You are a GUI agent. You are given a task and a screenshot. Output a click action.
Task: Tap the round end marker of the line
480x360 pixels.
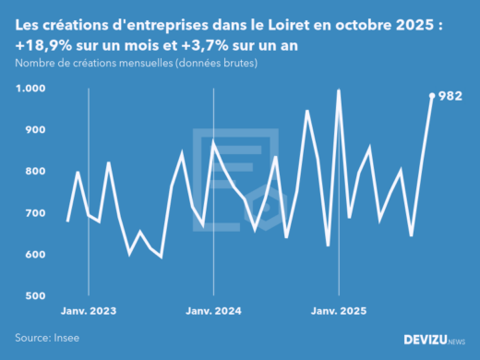[x=432, y=95]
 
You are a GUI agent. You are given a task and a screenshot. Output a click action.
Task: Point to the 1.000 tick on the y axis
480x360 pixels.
[x=30, y=89]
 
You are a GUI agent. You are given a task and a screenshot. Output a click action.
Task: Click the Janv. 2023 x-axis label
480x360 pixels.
[x=89, y=312]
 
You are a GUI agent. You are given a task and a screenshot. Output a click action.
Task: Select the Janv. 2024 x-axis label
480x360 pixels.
[x=214, y=312]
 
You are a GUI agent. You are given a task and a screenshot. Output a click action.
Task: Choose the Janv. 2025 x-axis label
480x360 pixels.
[x=339, y=312]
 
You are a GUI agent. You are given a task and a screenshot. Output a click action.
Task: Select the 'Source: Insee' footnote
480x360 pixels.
[x=47, y=339]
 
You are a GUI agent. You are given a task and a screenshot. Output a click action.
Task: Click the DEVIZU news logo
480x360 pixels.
[x=435, y=340]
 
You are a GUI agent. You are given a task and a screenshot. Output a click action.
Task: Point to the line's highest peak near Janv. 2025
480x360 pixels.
[x=339, y=90]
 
